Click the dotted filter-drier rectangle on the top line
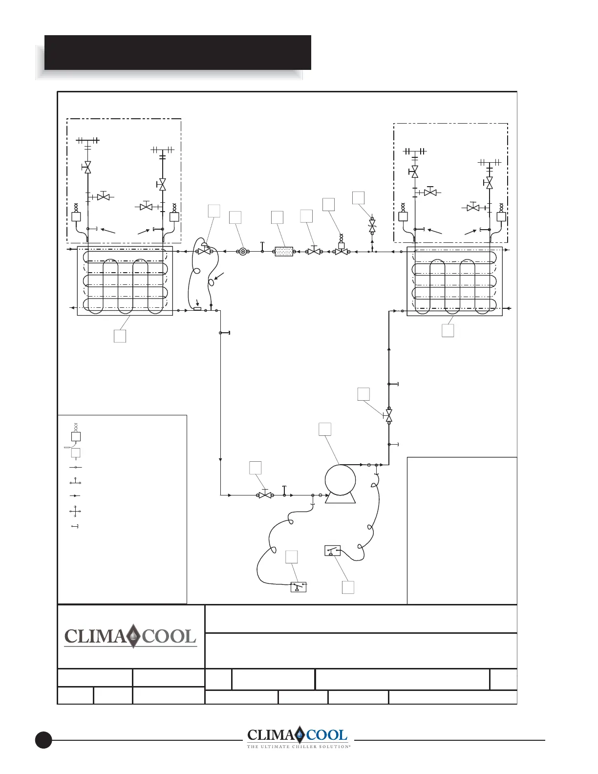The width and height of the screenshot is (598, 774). tap(284, 252)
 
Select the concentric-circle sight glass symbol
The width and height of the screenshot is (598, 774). tap(243, 252)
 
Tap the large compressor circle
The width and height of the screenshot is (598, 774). tap(340, 480)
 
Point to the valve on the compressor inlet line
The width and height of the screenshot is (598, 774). tap(265, 494)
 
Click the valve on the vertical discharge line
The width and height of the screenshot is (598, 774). tap(389, 415)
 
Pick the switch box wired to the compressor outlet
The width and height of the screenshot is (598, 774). tap(332, 551)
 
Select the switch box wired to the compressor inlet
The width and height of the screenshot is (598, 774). tap(299, 587)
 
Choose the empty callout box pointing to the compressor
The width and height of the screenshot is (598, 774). tap(325, 429)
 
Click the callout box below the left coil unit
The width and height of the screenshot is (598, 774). tap(120, 336)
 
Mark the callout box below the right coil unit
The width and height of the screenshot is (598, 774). tap(448, 330)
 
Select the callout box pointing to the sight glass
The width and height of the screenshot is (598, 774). tap(235, 217)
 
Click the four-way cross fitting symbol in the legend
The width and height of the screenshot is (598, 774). tap(75, 512)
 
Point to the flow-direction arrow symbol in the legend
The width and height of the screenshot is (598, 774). tap(75, 495)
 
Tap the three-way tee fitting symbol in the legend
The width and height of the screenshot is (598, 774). tap(75, 482)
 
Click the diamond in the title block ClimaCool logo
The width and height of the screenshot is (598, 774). tap(133, 636)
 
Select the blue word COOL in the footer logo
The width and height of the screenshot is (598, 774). tap(327, 735)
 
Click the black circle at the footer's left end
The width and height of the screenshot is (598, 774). tap(43, 740)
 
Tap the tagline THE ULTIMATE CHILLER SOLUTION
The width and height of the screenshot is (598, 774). tap(299, 746)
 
